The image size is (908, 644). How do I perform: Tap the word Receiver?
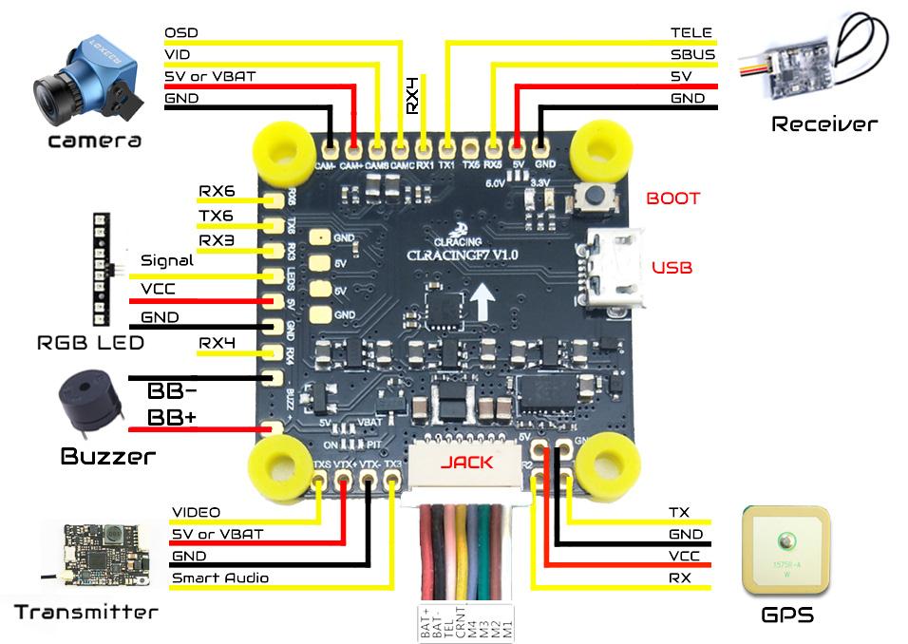click(x=823, y=123)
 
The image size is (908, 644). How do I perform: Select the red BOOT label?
click(x=672, y=199)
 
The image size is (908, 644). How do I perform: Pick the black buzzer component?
click(x=90, y=406)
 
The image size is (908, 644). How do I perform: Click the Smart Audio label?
click(x=219, y=578)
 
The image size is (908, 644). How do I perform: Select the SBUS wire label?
click(x=691, y=54)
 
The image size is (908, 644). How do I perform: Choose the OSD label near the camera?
click(x=181, y=32)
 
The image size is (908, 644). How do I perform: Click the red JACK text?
click(x=466, y=463)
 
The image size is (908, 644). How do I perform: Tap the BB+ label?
click(x=172, y=419)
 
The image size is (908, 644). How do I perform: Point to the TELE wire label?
click(x=691, y=32)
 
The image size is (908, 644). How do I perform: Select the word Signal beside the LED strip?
click(x=166, y=260)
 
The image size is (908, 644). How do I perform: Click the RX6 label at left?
click(x=217, y=191)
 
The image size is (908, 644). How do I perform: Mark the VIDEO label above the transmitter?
click(x=196, y=513)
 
